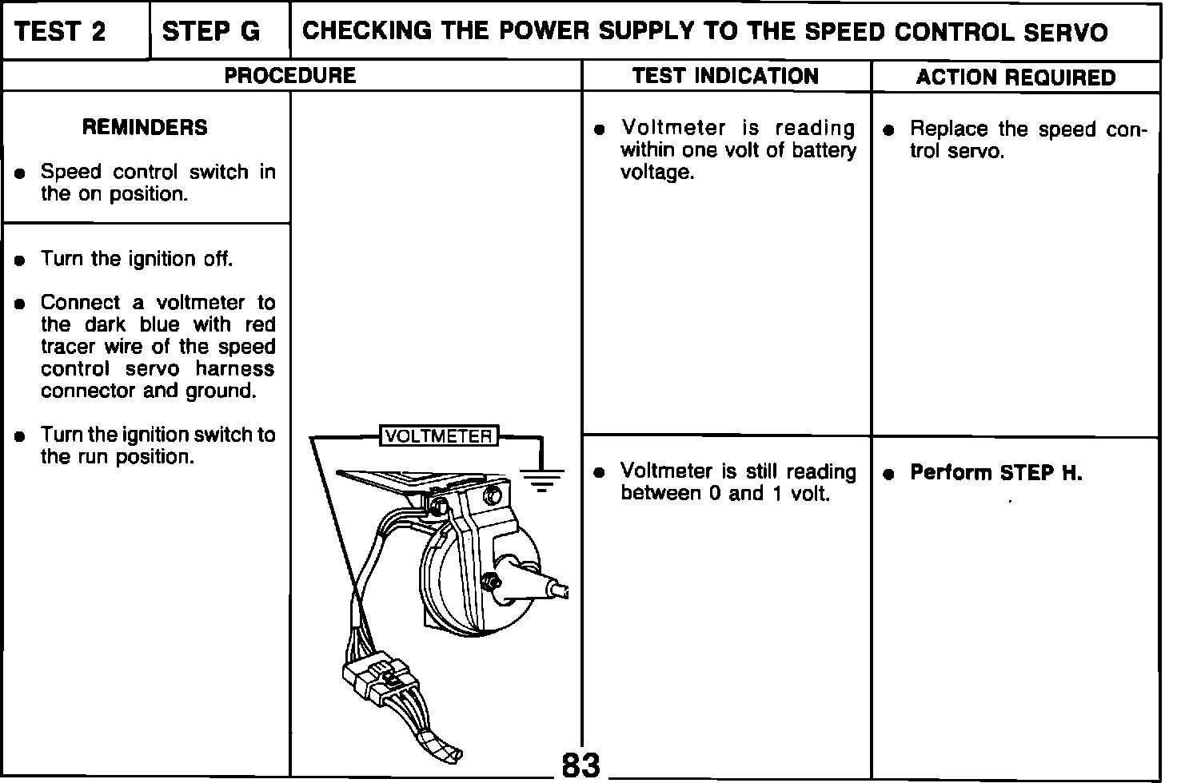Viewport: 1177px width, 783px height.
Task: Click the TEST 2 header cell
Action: (60, 32)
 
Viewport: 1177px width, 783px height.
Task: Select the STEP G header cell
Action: (210, 32)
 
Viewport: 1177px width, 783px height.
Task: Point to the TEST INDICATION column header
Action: (725, 76)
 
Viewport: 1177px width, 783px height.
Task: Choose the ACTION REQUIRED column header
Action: (1015, 78)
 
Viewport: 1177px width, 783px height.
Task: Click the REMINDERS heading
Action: (145, 127)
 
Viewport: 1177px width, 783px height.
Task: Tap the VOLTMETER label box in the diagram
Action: (438, 436)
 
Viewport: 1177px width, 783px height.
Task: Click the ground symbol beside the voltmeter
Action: (542, 478)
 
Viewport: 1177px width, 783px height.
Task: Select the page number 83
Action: (581, 765)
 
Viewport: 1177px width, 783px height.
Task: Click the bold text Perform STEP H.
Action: (996, 473)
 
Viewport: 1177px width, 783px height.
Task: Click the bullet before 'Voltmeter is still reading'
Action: (599, 473)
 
